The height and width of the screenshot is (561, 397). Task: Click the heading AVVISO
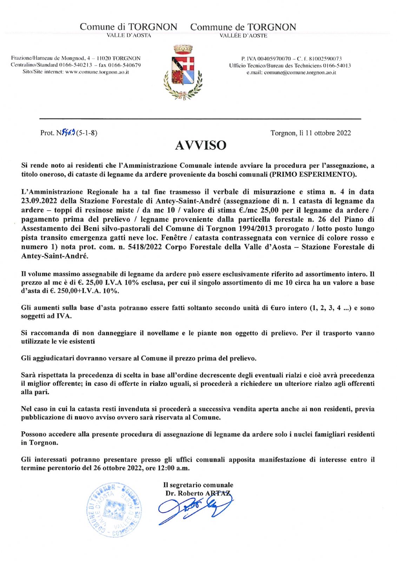[200, 145]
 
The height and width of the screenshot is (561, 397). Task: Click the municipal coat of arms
[183, 73]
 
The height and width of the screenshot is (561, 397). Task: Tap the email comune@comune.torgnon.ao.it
[300, 73]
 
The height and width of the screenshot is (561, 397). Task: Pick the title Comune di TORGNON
[128, 27]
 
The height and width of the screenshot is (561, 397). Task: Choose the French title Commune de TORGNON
[243, 27]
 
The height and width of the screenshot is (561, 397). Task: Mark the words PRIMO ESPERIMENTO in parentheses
[313, 174]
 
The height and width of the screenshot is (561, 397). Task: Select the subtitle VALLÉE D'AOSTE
[243, 36]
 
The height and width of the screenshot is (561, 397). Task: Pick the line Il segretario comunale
[198, 485]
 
